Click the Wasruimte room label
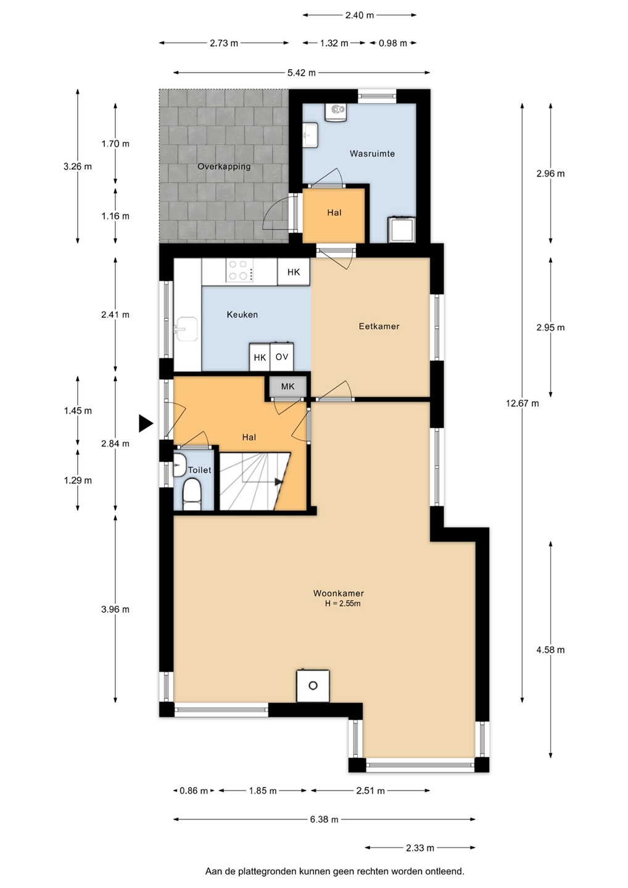click(372, 154)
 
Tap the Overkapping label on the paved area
click(224, 166)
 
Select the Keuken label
click(242, 314)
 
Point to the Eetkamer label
click(379, 326)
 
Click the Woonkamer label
click(338, 593)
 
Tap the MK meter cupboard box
click(288, 386)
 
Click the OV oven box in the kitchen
click(281, 357)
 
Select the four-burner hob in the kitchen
click(239, 270)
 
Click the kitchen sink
click(187, 329)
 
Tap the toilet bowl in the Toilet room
click(192, 493)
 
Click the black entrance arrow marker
click(146, 423)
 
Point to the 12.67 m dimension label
click(522, 403)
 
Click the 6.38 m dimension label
click(324, 819)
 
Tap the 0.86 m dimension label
click(194, 791)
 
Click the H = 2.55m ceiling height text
click(342, 604)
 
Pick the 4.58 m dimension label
click(550, 650)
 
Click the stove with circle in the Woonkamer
click(313, 686)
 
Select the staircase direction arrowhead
click(279, 482)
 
